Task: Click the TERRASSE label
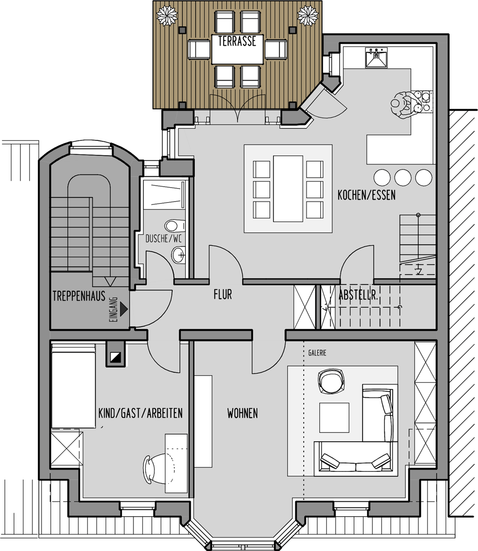(237, 41)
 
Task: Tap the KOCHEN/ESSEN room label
(366, 195)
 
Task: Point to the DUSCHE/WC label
(163, 238)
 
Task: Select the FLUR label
(223, 295)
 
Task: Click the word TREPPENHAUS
(79, 296)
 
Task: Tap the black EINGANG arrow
(123, 309)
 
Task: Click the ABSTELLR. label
(358, 295)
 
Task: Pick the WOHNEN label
(242, 413)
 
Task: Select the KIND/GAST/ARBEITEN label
(140, 413)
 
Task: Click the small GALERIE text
(317, 353)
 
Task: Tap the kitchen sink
(376, 57)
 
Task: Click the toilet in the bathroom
(175, 225)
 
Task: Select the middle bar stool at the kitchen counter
(403, 178)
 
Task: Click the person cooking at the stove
(407, 105)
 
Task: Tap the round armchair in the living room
(331, 381)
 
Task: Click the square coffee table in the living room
(334, 418)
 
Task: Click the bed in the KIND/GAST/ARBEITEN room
(74, 386)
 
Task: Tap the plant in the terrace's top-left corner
(167, 15)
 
